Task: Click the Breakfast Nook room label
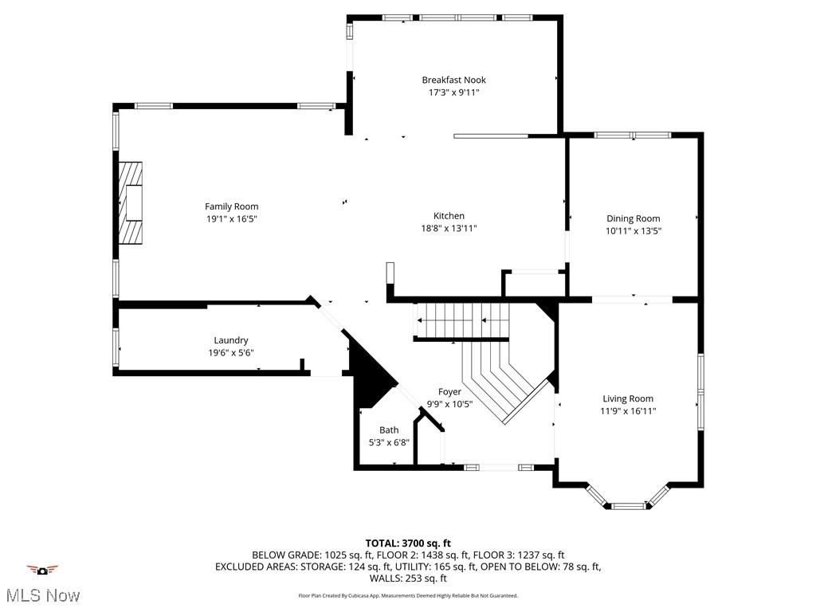point(453,80)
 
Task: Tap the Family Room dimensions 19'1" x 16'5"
point(231,218)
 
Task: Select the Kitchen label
point(449,216)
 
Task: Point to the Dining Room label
point(633,218)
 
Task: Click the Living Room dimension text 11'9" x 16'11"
point(628,411)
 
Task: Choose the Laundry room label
point(230,340)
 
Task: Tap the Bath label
point(389,430)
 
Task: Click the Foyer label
point(449,391)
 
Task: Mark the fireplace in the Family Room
point(130,202)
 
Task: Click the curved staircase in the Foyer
point(502,379)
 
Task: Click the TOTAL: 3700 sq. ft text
point(408,543)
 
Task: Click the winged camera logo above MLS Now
point(42,570)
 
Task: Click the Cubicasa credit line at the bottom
point(408,595)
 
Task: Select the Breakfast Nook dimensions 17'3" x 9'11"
point(453,92)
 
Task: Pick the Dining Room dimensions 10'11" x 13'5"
point(633,230)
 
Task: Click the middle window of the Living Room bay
point(627,505)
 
